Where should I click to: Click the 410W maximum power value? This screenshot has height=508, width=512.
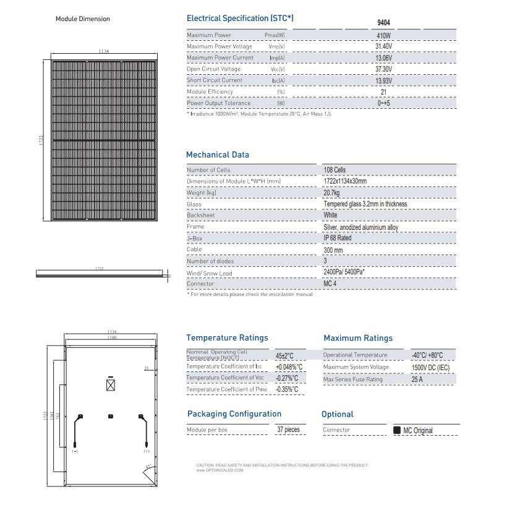pos(384,35)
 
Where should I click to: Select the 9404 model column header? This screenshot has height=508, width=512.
pos(384,23)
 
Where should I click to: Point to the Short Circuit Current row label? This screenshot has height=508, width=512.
pos(215,80)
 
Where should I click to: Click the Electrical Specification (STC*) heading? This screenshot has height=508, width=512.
pos(240,19)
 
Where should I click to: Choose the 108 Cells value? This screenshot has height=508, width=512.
pos(335,170)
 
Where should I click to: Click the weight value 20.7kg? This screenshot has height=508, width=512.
pos(333,193)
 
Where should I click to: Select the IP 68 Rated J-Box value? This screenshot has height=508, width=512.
pos(338,238)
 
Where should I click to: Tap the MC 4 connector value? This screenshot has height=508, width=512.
pos(331,284)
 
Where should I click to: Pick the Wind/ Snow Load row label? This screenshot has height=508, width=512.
pos(209,273)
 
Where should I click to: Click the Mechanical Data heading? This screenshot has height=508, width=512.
pos(218,155)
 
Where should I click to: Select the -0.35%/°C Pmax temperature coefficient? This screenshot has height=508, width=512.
pos(287,389)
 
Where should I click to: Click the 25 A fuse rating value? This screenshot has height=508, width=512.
pos(419,379)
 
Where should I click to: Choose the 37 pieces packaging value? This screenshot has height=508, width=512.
pos(288,430)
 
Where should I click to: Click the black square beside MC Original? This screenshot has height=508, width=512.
pos(397,430)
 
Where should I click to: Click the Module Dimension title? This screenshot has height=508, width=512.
pos(83,19)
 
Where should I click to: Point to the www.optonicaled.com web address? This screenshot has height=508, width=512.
pos(220,470)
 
